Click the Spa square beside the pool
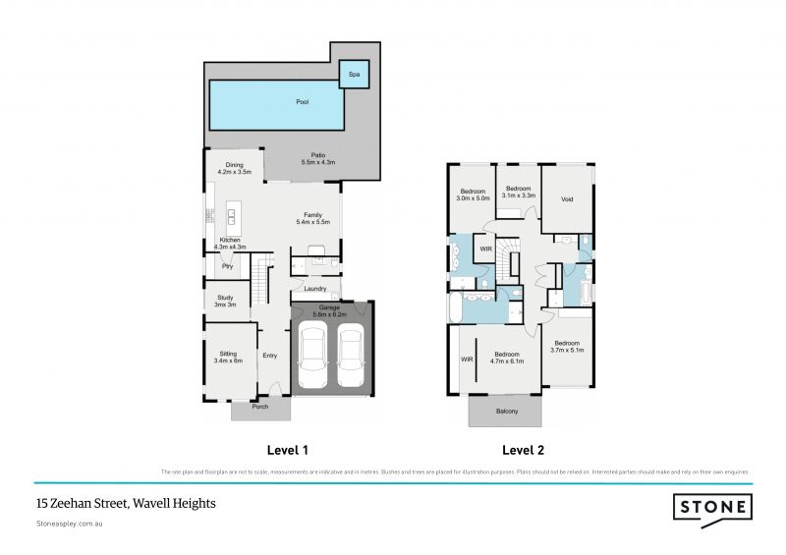pyautogui.click(x=354, y=74)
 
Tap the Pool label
pyautogui.click(x=303, y=102)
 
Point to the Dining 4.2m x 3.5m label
pyautogui.click(x=234, y=168)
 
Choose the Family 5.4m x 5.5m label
pyautogui.click(x=312, y=218)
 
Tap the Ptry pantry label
pyautogui.click(x=226, y=265)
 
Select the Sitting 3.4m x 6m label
pyautogui.click(x=228, y=357)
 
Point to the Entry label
pyautogui.click(x=270, y=356)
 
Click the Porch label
pyautogui.click(x=260, y=406)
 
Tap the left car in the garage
pyautogui.click(x=312, y=359)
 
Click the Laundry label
pyautogui.click(x=315, y=289)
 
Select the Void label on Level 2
pyautogui.click(x=567, y=198)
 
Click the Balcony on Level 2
pyautogui.click(x=505, y=411)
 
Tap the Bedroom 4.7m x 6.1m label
pyautogui.click(x=507, y=358)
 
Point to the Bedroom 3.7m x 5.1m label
pyautogui.click(x=567, y=345)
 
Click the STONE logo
pyautogui.click(x=712, y=507)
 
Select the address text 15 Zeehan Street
pyautogui.click(x=125, y=503)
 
